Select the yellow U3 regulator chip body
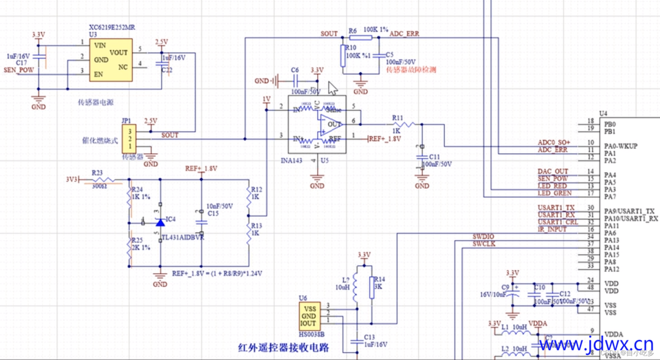pyautogui.click(x=111, y=60)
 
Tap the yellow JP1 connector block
pyautogui.click(x=129, y=139)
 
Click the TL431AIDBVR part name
pyautogui.click(x=182, y=237)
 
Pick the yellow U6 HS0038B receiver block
pyautogui.click(x=309, y=316)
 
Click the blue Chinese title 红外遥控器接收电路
pyautogui.click(x=284, y=348)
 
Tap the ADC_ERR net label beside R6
pyautogui.click(x=405, y=34)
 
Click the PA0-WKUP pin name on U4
pyautogui.click(x=621, y=146)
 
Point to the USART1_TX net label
pyautogui.click(x=555, y=209)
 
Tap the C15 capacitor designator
pyautogui.click(x=213, y=214)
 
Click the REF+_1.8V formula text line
pyautogui.click(x=218, y=274)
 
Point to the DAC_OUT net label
pyautogui.click(x=552, y=171)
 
